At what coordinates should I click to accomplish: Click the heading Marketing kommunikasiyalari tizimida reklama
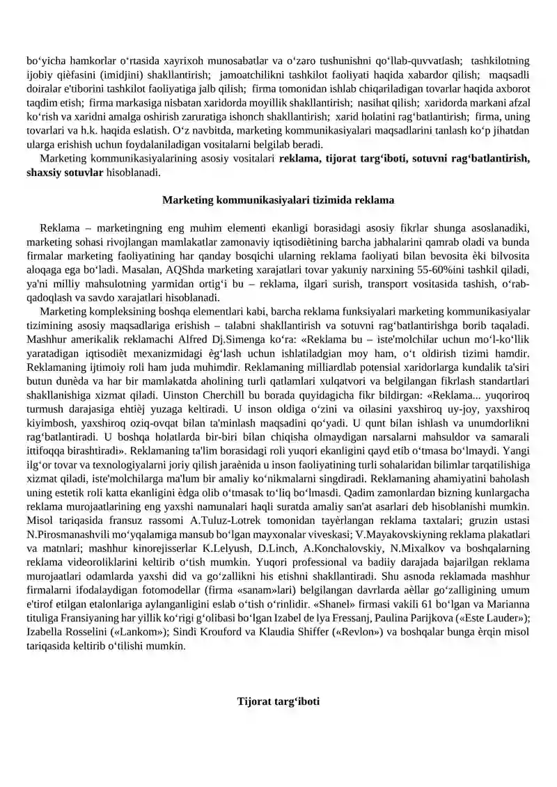pos(278,200)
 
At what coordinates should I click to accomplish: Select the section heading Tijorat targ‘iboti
pos(278,701)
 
